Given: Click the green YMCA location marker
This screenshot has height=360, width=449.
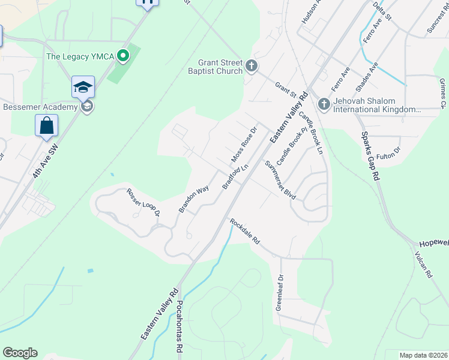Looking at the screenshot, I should (124, 57).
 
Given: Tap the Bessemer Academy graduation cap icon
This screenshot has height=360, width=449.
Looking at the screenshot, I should (83, 87).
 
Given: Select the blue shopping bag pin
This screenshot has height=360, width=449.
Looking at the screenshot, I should (46, 126).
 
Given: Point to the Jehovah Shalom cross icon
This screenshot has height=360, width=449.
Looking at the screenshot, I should (324, 104).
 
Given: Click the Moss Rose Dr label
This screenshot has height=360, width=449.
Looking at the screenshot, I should (244, 145).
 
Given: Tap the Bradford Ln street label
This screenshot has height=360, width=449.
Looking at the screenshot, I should (235, 178).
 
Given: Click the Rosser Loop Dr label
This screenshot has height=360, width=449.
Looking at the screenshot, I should (143, 202).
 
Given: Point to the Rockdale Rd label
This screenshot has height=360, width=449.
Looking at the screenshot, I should (245, 230).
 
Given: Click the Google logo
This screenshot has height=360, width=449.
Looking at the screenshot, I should (20, 353).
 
